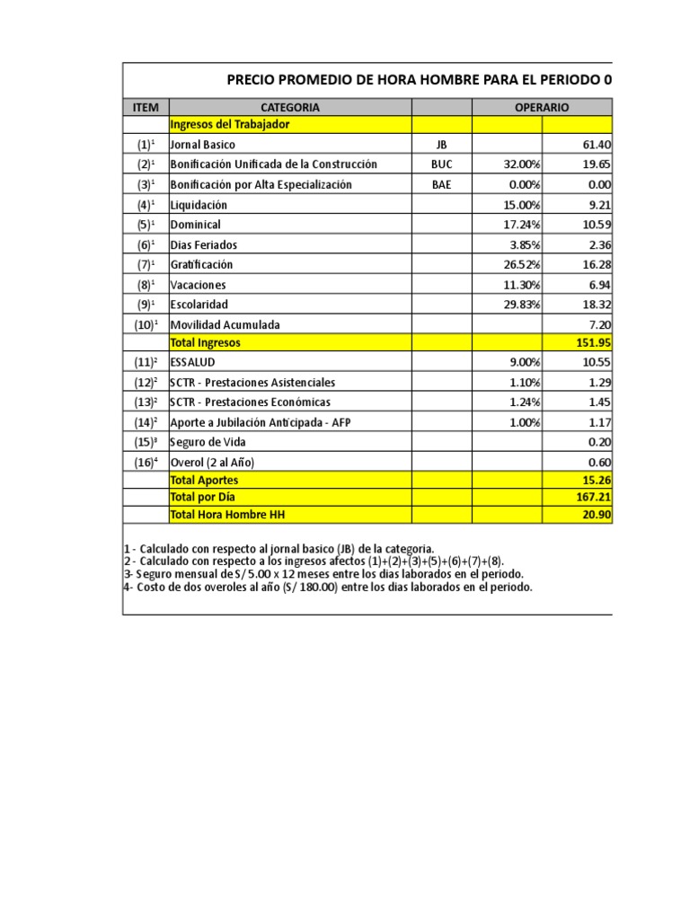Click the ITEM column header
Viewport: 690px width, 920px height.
[x=145, y=107]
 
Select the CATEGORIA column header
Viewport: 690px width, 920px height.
[x=289, y=107]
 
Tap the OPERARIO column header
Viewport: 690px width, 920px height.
[x=541, y=107]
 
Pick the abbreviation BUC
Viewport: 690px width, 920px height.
[x=441, y=164]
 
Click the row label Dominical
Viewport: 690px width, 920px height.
[x=195, y=225]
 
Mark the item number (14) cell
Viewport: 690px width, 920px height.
[x=145, y=422]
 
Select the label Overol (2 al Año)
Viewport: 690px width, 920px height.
[x=212, y=462]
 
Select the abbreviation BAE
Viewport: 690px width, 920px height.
[x=441, y=184]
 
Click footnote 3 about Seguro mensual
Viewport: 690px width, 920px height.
[x=323, y=574]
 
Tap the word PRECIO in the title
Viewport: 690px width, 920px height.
[x=249, y=80]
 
